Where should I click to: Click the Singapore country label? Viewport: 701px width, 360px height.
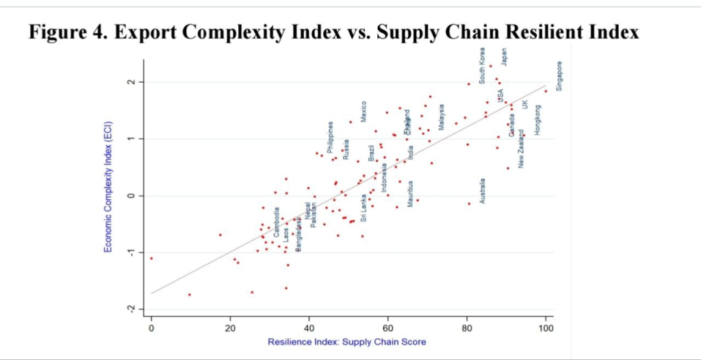point(559,77)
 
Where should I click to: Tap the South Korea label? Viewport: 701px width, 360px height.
point(483,66)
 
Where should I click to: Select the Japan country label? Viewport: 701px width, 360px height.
point(505,57)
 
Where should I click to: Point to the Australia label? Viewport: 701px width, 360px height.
point(483,191)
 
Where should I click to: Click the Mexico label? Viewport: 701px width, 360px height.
point(364,112)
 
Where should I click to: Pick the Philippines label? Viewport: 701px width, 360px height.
point(331,138)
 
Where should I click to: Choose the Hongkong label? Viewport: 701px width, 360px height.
point(537,120)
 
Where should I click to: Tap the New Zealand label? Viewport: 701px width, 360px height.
point(522,149)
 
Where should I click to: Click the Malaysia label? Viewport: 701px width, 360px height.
point(442,117)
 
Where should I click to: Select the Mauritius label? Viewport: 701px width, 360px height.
point(410,194)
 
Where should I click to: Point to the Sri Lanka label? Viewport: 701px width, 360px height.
point(364,208)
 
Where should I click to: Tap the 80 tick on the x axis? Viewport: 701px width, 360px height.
point(467,327)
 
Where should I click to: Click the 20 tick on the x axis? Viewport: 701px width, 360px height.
point(230,327)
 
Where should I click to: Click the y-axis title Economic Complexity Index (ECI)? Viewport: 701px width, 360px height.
point(108,187)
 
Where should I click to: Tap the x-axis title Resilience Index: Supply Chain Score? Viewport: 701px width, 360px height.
point(348,342)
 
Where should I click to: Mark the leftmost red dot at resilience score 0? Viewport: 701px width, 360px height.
point(151,258)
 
